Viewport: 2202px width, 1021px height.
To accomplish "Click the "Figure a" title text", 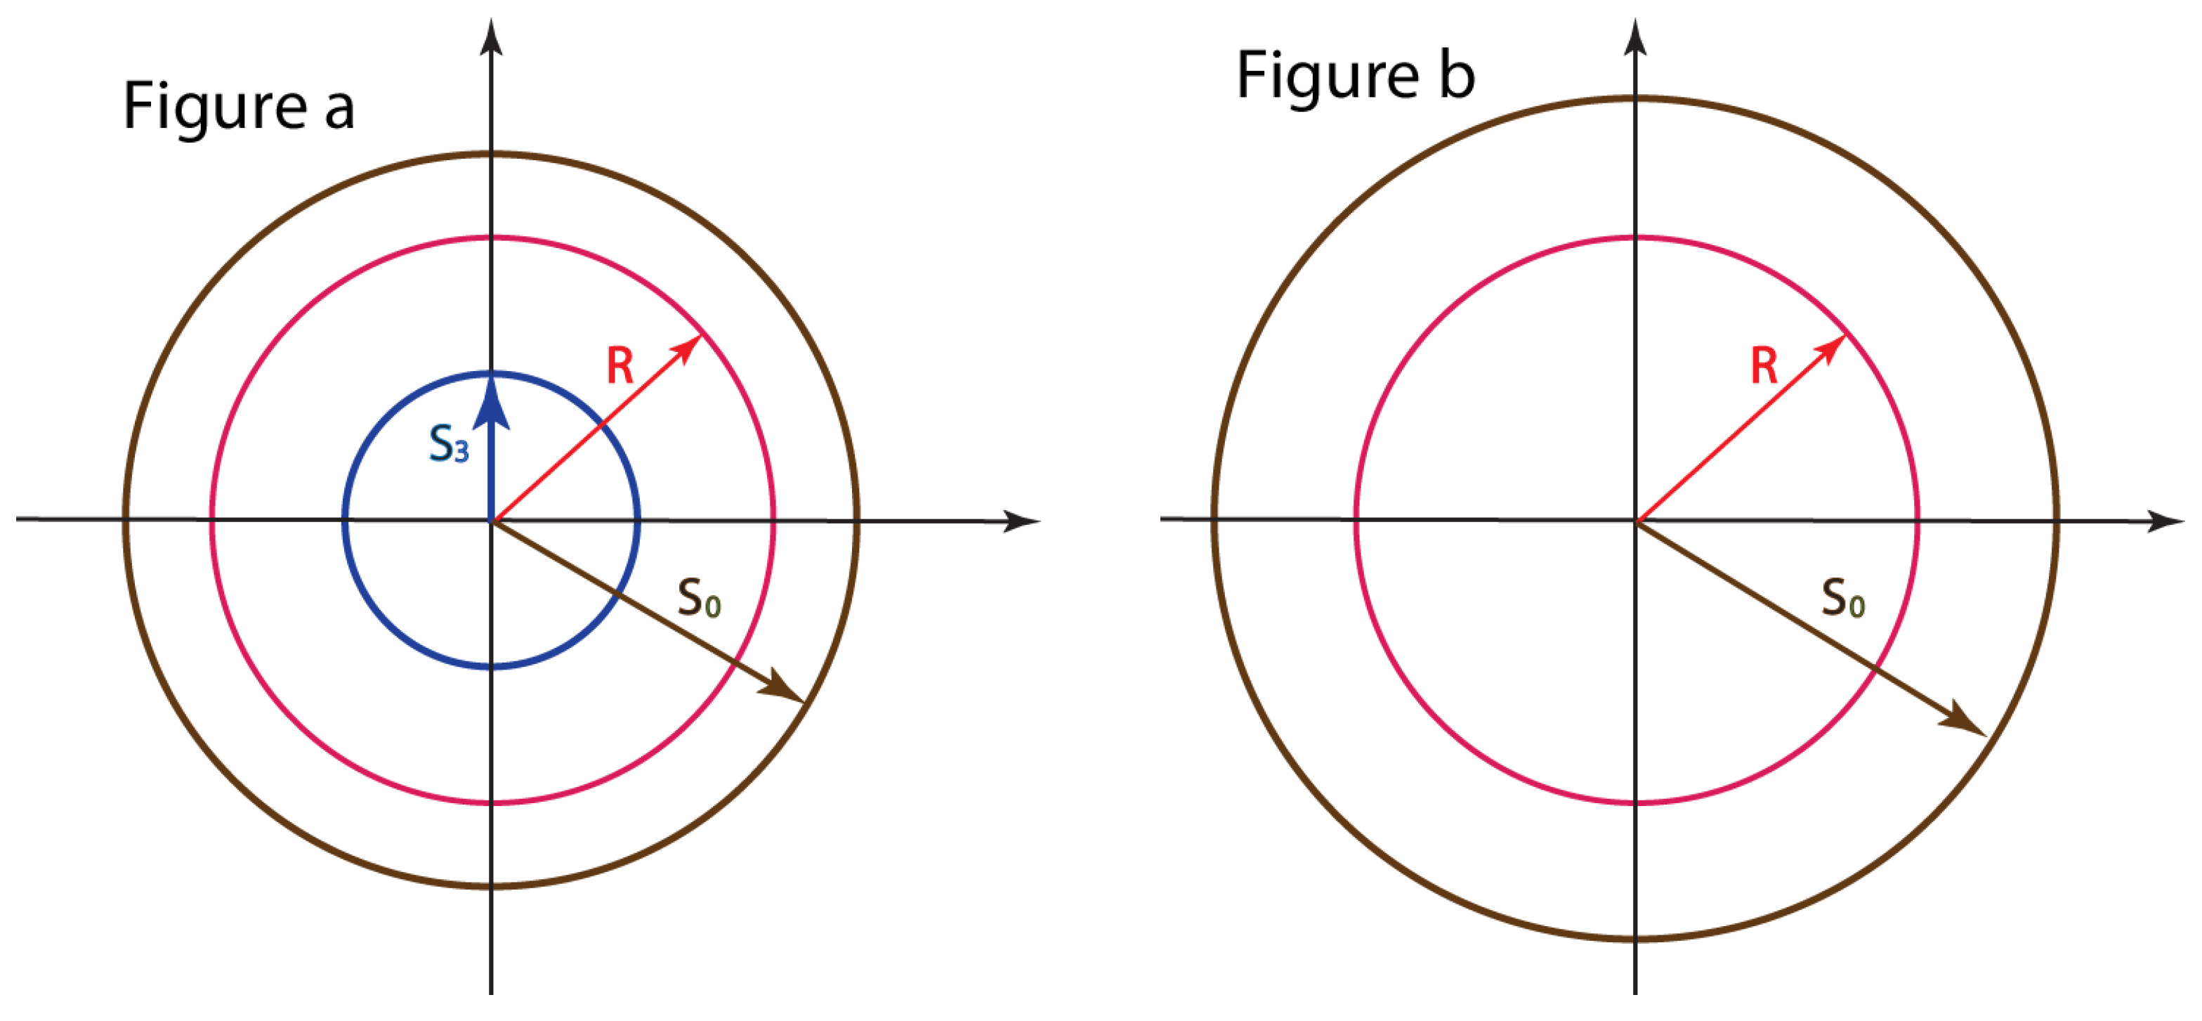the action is click(x=239, y=106).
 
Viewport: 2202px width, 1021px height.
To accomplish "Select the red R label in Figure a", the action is click(x=620, y=366).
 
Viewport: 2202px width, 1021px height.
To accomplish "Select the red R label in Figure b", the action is click(x=1764, y=366).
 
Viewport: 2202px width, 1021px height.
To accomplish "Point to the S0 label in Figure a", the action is click(x=698, y=598).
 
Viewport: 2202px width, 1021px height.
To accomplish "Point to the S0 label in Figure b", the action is click(x=1843, y=598).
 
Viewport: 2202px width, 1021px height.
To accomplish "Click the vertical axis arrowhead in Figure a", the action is click(x=491, y=36).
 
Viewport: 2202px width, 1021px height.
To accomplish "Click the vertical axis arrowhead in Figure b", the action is click(x=1635, y=36).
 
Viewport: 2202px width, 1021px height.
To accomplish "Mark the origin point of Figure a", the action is click(x=492, y=520).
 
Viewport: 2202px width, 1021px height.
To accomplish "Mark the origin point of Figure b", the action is click(x=1635, y=520).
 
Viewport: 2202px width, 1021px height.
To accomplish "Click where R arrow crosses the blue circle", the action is click(x=601, y=422).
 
